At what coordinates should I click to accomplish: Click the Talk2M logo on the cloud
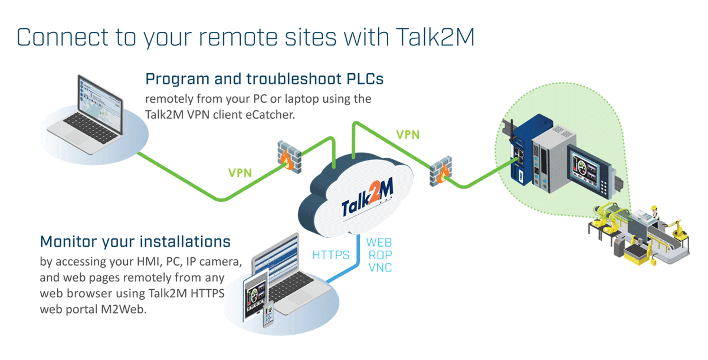[368, 198]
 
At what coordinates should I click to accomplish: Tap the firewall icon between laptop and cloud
[289, 157]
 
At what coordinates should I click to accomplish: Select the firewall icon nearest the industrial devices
[441, 171]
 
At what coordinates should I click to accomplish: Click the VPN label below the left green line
[240, 172]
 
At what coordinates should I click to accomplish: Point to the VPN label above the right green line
[408, 135]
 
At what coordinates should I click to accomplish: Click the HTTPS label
[330, 255]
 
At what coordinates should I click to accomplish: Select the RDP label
[380, 255]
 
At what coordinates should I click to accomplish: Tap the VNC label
[380, 268]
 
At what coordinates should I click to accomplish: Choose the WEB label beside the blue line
[379, 243]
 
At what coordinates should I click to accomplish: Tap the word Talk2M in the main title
[435, 37]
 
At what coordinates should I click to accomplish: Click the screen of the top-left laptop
[100, 104]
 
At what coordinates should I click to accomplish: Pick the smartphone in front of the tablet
[268, 313]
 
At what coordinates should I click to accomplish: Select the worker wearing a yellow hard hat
[654, 212]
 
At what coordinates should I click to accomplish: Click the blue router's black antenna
[512, 130]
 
